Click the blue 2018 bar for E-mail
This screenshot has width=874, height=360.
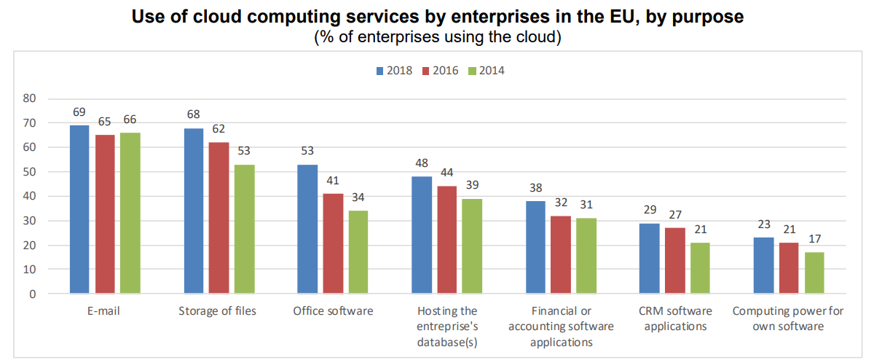tap(79, 209)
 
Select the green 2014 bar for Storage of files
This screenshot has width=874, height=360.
tap(245, 229)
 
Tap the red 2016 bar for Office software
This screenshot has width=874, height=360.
tap(334, 243)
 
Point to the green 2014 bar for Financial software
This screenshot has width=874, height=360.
tap(586, 256)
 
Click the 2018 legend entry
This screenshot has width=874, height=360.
tap(394, 71)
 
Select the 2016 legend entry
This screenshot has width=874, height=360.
tap(440, 71)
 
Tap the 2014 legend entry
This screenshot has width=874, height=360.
tap(486, 71)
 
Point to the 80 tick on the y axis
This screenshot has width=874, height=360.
tap(30, 98)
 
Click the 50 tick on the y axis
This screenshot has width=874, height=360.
tap(30, 172)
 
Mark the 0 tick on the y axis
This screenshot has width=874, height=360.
tap(33, 294)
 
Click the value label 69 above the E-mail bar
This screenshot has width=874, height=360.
tap(79, 112)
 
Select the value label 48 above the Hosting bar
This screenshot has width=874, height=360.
tap(422, 164)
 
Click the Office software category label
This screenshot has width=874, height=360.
tap(333, 311)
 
